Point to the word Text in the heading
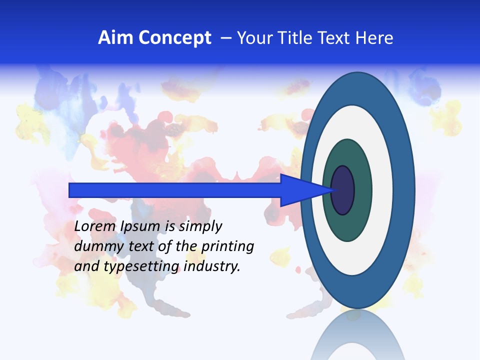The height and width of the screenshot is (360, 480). point(333,38)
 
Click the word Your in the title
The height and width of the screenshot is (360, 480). point(254,38)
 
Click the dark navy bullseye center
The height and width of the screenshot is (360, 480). point(342,190)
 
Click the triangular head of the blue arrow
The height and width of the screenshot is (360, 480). point(300,190)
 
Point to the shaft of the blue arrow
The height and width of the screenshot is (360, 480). point(175,190)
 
